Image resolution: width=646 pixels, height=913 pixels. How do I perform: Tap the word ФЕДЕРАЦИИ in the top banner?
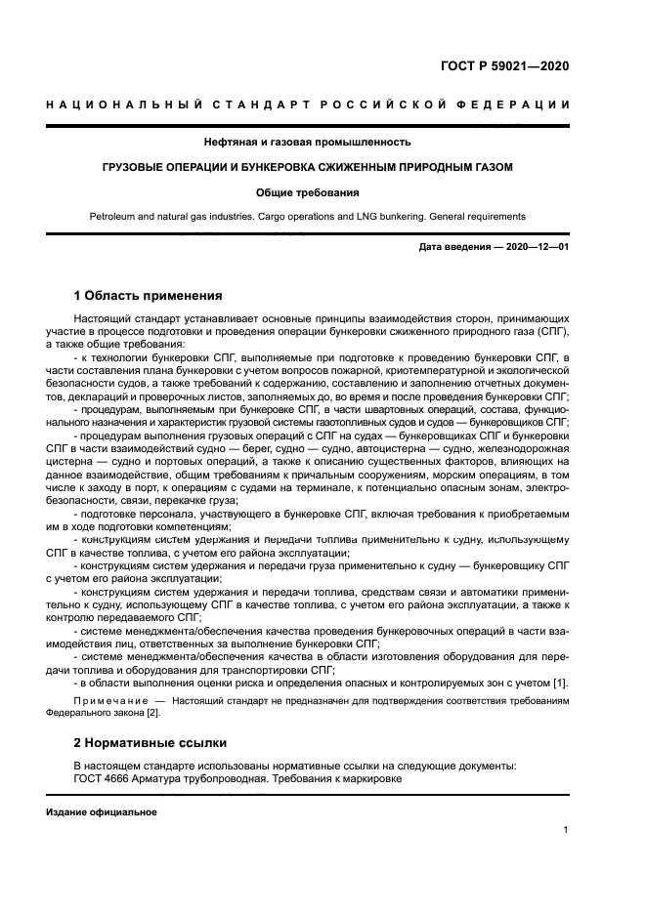point(520,104)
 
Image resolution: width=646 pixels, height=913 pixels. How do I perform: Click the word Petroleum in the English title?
point(112,216)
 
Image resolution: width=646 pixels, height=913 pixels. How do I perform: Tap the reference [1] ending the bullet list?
point(562,682)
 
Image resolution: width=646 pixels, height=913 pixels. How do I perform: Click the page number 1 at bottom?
point(566,830)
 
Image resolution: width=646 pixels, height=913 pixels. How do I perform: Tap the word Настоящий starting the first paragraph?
point(100,319)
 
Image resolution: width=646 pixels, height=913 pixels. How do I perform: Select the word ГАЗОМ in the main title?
point(491,167)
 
